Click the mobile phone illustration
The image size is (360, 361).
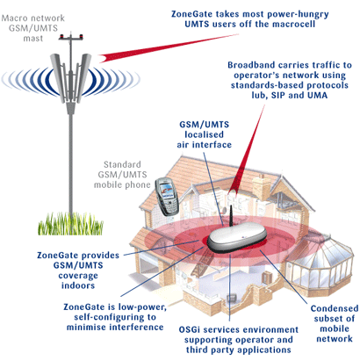(165, 197)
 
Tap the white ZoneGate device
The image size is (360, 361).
(237, 237)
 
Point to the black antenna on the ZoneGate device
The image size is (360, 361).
(230, 215)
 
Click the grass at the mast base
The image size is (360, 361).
(70, 224)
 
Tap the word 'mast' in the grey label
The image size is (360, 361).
(33, 39)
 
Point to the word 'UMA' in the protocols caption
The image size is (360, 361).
(317, 95)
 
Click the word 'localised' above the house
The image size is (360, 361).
(204, 134)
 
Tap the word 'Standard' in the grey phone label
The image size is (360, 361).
(122, 164)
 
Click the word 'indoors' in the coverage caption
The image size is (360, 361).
(78, 285)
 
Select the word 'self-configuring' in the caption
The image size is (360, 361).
(115, 317)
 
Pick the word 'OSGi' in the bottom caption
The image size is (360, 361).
(190, 329)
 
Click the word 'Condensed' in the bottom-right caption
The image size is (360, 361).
(335, 308)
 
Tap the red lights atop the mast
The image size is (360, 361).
(71, 36)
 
